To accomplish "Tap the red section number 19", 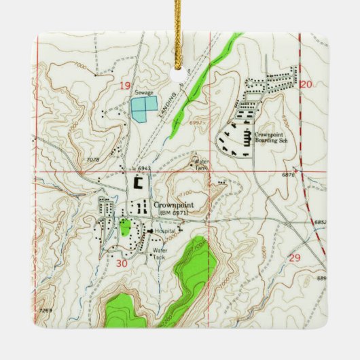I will point(124,85).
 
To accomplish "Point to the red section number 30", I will point(122,263).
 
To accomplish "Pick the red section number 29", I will point(294,257).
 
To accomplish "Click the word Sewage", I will point(143,92).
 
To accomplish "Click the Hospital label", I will point(165,232).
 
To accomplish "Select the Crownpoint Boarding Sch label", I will point(273,137).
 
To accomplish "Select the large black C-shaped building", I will point(139,182).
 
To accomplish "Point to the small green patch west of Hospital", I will point(125,228).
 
